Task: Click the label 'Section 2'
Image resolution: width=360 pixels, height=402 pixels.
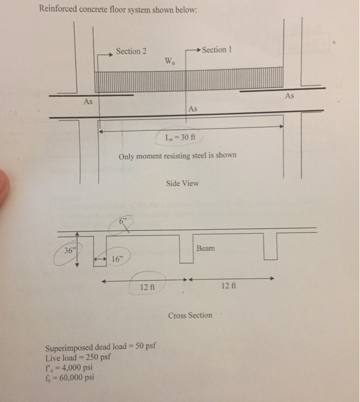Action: click(x=131, y=51)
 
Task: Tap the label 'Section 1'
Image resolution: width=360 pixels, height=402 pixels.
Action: click(x=214, y=50)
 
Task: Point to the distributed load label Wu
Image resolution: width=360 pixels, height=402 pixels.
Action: click(x=170, y=61)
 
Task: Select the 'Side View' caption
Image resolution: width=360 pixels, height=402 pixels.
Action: click(x=182, y=183)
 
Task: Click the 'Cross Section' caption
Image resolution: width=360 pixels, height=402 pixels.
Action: click(x=190, y=315)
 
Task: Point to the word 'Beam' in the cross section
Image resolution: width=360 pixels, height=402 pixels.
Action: click(x=205, y=248)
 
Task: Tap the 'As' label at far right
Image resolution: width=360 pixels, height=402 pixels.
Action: click(x=289, y=96)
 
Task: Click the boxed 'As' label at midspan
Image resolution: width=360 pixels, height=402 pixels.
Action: click(x=193, y=108)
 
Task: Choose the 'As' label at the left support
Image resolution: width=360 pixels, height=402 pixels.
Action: click(x=88, y=101)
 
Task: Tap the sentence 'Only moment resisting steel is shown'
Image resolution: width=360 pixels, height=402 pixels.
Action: click(x=177, y=156)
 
